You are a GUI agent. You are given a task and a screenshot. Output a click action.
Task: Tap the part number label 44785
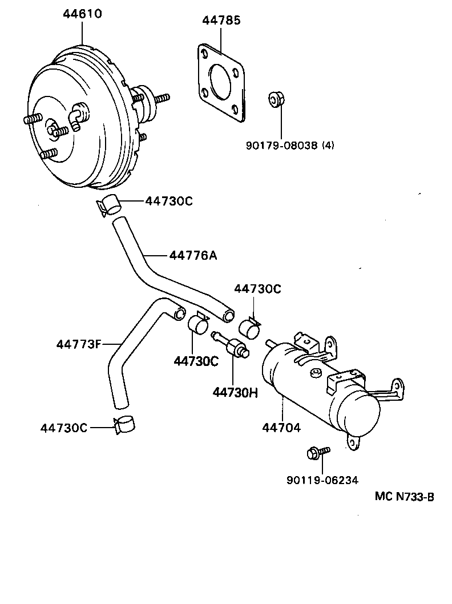click(x=221, y=21)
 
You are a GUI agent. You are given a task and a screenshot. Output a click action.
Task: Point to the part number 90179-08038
click(x=282, y=145)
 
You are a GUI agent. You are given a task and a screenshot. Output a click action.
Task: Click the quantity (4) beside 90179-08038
click(x=328, y=145)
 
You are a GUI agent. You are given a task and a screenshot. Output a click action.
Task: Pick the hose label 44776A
click(x=192, y=255)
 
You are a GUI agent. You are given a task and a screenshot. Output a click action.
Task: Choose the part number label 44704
click(x=281, y=427)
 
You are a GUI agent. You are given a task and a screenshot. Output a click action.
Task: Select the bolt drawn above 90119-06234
click(x=317, y=453)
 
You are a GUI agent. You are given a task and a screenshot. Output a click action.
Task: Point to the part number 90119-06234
click(x=322, y=480)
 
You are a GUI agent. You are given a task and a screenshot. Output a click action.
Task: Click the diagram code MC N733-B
click(x=404, y=497)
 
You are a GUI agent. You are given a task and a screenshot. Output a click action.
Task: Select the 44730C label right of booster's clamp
click(x=169, y=200)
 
